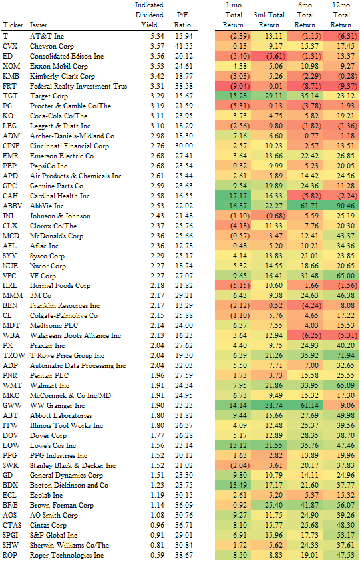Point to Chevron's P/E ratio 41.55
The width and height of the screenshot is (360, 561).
pos(184,46)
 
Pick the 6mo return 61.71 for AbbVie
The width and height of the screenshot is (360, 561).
pos(305,206)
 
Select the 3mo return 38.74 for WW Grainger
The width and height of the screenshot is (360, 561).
pos(270,405)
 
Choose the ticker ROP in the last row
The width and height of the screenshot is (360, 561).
pos(10,555)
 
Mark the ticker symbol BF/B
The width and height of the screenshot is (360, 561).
pos(11,505)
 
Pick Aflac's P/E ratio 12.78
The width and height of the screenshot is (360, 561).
pos(184,246)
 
